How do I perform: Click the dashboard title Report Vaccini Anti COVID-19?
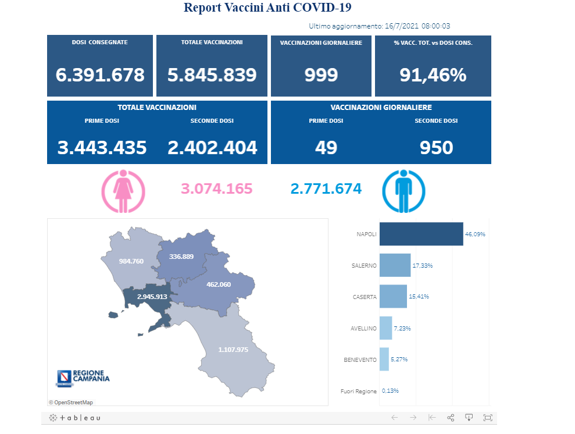[x=267, y=8]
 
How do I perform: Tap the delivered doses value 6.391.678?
[x=100, y=75]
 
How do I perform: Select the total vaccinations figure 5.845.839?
[x=212, y=75]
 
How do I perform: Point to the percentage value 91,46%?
[x=433, y=75]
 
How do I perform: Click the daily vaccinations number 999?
[x=321, y=75]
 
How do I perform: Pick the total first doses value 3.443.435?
[x=102, y=148]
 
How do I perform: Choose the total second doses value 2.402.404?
[x=212, y=148]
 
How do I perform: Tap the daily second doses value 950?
[x=436, y=148]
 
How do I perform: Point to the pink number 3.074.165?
[x=217, y=189]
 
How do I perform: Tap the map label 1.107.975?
[x=233, y=350]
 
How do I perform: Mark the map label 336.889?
[x=181, y=257]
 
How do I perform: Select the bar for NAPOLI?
[x=421, y=234]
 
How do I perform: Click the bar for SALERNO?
[x=395, y=265]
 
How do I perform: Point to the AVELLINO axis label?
[x=363, y=328]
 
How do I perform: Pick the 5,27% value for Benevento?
[x=399, y=360]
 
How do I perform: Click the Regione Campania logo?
[x=83, y=378]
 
